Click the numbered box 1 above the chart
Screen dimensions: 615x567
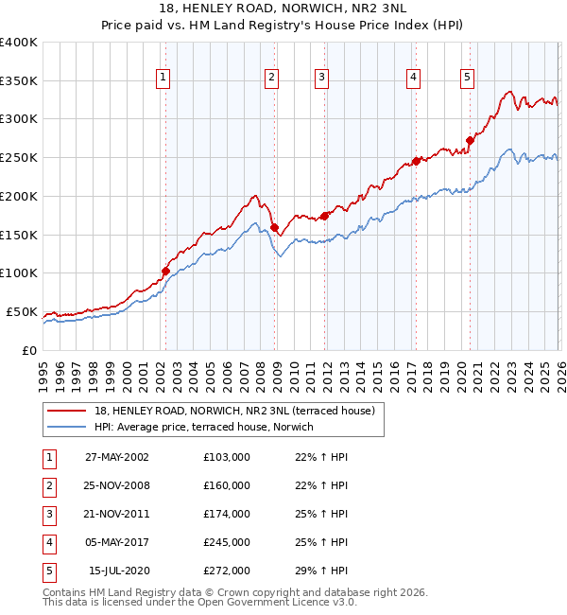(x=164, y=78)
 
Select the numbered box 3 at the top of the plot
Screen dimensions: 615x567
(x=321, y=78)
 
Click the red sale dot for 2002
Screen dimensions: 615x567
(x=165, y=271)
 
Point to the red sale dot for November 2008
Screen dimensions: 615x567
(x=274, y=227)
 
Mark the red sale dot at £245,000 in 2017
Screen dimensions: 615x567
(x=415, y=161)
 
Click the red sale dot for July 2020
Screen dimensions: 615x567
(x=469, y=140)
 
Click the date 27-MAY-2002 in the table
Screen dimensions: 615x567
(x=117, y=457)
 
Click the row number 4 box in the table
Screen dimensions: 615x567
(x=49, y=542)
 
